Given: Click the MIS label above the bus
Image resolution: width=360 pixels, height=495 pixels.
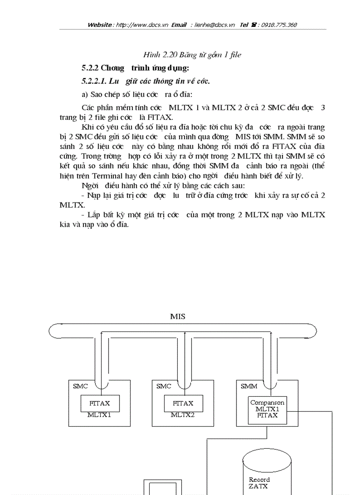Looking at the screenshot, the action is (178, 316).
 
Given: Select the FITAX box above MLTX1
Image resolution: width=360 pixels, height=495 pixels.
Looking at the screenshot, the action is (99, 403).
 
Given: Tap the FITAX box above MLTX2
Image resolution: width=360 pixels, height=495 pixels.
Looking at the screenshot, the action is (183, 403).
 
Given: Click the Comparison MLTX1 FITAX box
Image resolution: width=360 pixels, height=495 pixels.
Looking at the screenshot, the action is (267, 409).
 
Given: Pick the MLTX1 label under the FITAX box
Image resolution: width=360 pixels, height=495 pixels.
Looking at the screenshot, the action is (99, 415).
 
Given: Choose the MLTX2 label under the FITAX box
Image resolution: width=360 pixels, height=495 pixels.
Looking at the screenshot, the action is (183, 415).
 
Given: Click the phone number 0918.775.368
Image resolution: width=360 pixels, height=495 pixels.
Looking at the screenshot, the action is (279, 25).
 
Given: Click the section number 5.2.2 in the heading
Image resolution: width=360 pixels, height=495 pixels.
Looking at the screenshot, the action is (90, 68).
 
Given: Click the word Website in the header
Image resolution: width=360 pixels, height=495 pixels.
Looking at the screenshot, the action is (100, 25).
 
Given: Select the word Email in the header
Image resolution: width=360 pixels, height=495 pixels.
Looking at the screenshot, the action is (179, 25).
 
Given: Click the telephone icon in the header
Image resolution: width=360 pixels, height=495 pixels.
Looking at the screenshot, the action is (255, 25).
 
